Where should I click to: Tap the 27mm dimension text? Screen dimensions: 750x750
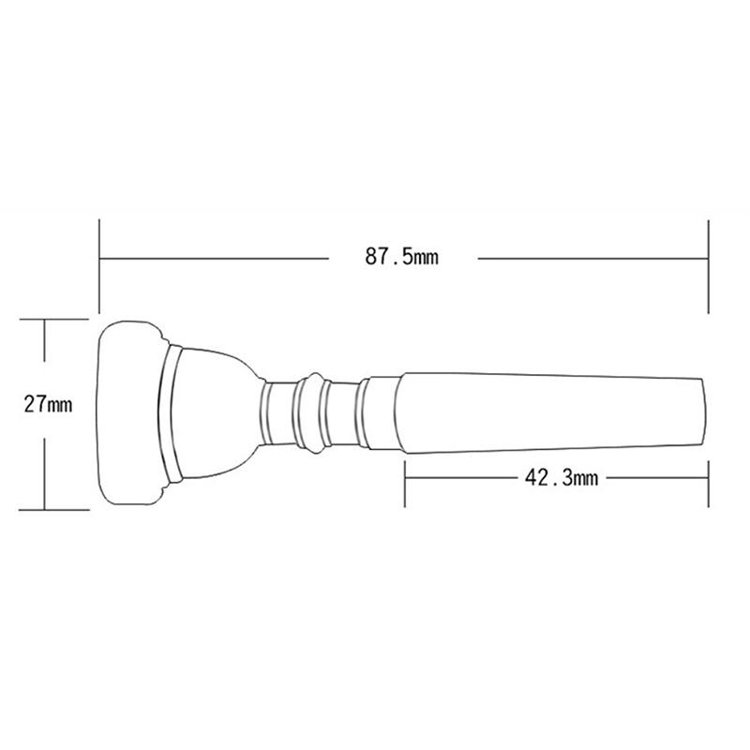[48, 406]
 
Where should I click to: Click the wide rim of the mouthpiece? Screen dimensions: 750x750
[131, 412]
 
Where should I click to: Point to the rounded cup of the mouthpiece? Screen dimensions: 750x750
[216, 412]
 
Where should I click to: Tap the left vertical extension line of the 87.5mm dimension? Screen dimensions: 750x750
[99, 267]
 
